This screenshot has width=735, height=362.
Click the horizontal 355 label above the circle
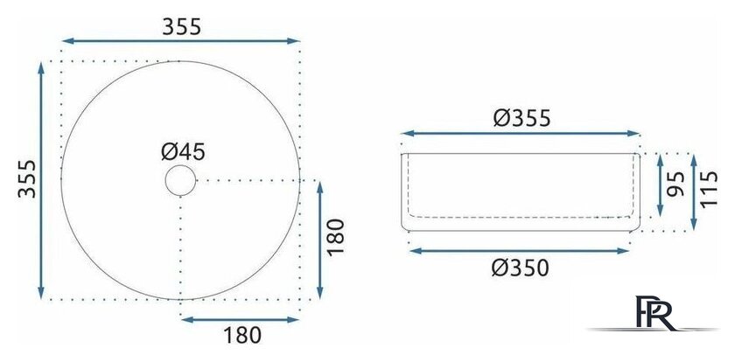pyautogui.click(x=181, y=27)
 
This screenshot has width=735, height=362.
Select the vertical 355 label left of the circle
pyautogui.click(x=27, y=179)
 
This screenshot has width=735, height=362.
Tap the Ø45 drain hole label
pyautogui.click(x=183, y=152)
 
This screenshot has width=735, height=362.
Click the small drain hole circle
pyautogui.click(x=180, y=180)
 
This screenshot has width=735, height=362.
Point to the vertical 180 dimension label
pyautogui.click(x=336, y=237)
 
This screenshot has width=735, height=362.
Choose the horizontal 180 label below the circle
pyautogui.click(x=241, y=335)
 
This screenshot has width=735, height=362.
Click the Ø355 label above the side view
pyautogui.click(x=521, y=119)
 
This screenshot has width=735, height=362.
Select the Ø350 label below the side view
pyautogui.click(x=520, y=268)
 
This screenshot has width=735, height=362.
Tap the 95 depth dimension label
pyautogui.click(x=675, y=184)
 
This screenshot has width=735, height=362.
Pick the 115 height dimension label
pyautogui.click(x=710, y=189)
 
